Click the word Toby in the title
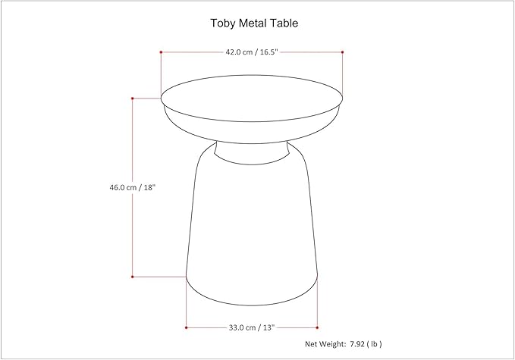(223, 23)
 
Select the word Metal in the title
(253, 23)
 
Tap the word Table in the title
(284, 23)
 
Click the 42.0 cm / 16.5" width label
(251, 52)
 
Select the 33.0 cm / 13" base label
(251, 327)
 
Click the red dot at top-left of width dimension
(161, 52)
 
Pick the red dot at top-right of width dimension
(343, 52)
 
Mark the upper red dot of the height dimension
(133, 98)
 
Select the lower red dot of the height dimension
(133, 277)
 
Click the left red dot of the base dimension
(187, 327)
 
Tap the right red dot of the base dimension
(317, 327)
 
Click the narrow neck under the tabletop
(251, 151)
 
